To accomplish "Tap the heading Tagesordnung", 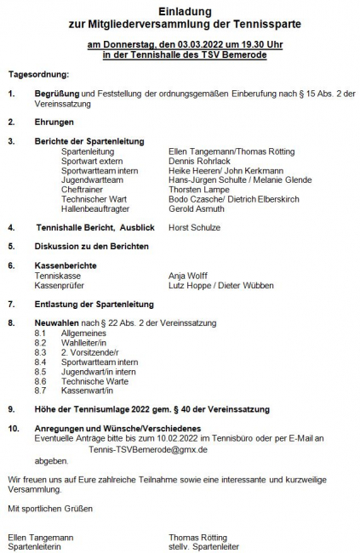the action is (x=39, y=75).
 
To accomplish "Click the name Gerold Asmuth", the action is (x=197, y=208).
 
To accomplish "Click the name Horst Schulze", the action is (x=194, y=227).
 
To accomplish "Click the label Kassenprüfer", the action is (x=60, y=285).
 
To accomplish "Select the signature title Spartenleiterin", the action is (x=34, y=547).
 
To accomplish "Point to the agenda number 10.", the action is (x=14, y=427).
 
